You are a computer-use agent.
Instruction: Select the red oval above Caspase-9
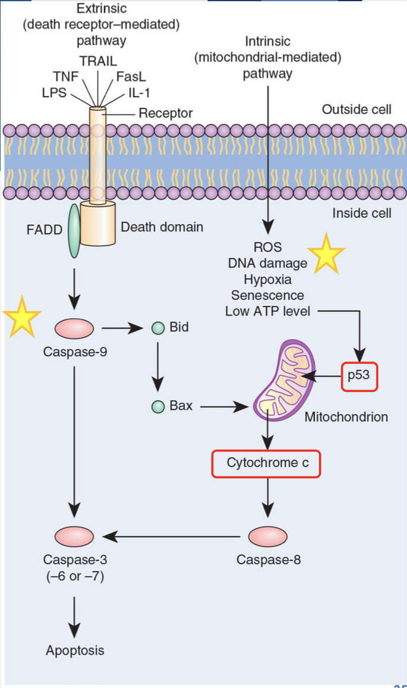point(74,328)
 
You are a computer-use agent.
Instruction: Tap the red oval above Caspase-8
point(268,537)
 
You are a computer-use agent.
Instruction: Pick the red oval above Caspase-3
point(74,537)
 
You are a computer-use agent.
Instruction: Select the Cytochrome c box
point(267,463)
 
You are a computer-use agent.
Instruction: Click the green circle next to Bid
point(158,328)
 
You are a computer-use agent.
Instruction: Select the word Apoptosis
point(75,650)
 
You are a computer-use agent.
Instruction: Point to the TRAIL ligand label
point(98,61)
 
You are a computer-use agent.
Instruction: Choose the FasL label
point(131,77)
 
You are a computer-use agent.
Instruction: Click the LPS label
point(54,93)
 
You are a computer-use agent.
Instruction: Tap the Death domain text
point(162,226)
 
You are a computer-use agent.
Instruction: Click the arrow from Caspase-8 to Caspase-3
point(173,537)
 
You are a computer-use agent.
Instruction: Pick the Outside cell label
point(356,109)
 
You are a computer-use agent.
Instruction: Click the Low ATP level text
point(268,311)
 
